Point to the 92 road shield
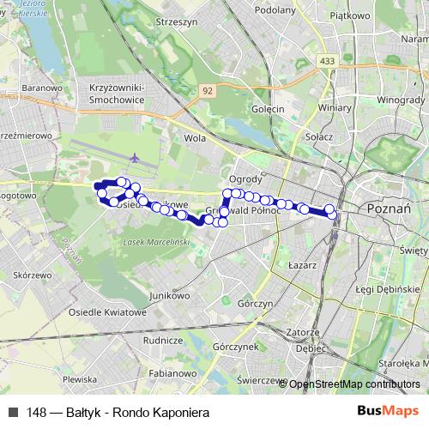pyautogui.click(x=207, y=89)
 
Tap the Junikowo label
pyautogui.click(x=167, y=295)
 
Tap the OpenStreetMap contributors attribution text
pyautogui.click(x=353, y=384)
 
